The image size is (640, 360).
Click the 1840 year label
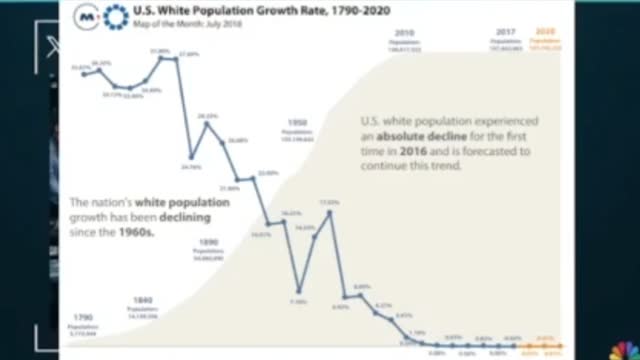tap(143, 301)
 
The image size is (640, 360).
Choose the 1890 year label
tap(207, 241)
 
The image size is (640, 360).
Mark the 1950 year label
tap(297, 122)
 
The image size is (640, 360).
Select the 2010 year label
tap(404, 32)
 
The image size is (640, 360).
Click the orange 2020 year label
tap(545, 32)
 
